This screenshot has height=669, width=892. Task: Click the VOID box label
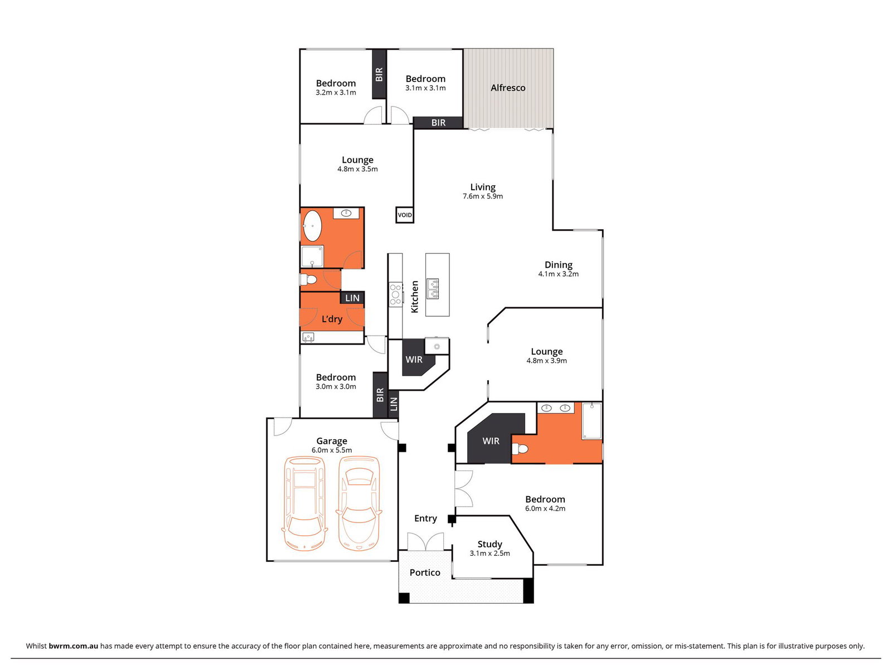405,215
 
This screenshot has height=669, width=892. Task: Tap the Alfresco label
507,88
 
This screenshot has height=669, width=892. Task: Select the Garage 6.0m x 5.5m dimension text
332,450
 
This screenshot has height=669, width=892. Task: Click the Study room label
489,544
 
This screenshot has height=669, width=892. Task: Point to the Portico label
425,573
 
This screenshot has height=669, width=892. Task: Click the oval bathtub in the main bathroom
312,226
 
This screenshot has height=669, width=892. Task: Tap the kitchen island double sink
433,288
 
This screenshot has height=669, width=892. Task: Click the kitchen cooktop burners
396,294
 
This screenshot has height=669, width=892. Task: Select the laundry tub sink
308,337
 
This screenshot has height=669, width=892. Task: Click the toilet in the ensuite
520,449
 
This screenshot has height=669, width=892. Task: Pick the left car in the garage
305,503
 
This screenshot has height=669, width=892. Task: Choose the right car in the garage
359,503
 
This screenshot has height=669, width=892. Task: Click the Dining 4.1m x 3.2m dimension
559,274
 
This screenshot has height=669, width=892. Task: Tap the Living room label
483,187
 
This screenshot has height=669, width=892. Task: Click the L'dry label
332,319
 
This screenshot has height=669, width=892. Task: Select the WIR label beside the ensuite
491,441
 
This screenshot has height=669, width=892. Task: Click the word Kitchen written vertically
415,297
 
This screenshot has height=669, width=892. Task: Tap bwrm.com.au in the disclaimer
73,646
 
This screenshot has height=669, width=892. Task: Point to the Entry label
425,518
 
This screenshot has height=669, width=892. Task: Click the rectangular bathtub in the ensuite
592,421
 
